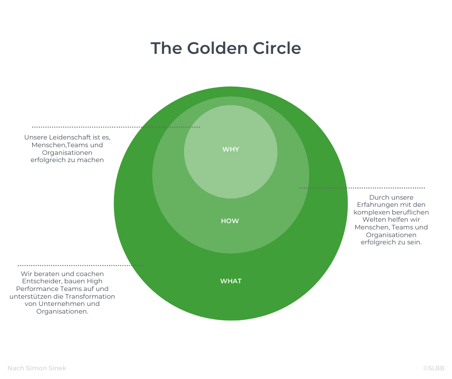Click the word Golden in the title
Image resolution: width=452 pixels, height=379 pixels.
click(217, 48)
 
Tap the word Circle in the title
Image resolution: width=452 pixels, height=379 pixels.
click(277, 48)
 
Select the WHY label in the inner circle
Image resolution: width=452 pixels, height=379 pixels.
click(231, 150)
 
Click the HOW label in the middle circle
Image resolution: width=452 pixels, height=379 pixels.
click(230, 221)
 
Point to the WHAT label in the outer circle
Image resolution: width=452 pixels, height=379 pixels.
click(231, 281)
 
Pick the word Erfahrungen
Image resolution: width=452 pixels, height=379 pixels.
click(375, 205)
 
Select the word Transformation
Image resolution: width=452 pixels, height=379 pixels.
click(90, 296)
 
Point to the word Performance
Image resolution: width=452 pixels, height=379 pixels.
click(34, 289)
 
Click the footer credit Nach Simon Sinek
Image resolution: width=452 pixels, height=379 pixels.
click(37, 368)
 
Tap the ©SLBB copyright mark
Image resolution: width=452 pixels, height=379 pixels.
click(434, 368)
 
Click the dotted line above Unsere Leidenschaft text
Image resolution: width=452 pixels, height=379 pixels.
click(116, 127)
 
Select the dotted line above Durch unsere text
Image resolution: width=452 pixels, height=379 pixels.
click(362, 188)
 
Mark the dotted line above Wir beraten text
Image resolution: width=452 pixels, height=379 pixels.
click(80, 265)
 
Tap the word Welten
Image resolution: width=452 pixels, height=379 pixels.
click(373, 220)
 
